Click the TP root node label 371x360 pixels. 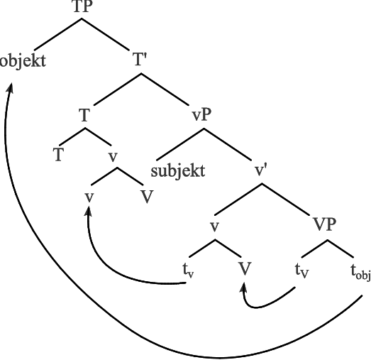82,6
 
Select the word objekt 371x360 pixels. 23,61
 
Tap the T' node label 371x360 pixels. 140,60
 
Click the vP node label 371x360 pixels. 201,115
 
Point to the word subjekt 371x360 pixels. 178,171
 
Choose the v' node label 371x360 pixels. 260,170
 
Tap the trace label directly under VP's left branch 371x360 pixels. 302,271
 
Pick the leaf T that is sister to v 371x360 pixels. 58,155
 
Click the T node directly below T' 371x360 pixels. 84,115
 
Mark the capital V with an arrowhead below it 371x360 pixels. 245,269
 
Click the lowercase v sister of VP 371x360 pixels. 214,227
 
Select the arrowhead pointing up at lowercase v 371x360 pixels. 88,212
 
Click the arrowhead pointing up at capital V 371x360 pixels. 243,289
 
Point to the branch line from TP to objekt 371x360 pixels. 58,34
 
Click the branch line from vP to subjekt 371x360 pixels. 180,144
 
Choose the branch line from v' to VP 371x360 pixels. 286,200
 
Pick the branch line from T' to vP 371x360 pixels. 165,89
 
